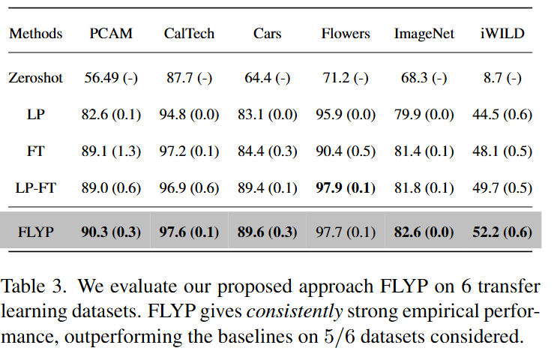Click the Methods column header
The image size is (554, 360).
tap(35, 34)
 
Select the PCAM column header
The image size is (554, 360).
tap(110, 34)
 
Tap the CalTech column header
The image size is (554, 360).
tap(189, 34)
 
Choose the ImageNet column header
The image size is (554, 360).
tap(424, 34)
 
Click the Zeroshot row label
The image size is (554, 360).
tap(35, 77)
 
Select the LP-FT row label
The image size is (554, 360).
tap(35, 187)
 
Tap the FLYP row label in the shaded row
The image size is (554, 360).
tap(35, 231)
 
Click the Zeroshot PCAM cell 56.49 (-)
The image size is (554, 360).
tap(110, 77)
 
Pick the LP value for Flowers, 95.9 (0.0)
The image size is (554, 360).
tap(346, 114)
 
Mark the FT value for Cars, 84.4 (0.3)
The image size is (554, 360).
tap(268, 151)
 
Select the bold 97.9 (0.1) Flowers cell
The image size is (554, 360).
tap(346, 187)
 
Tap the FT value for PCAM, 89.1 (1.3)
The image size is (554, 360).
tap(110, 151)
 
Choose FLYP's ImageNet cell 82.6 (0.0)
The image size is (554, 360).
tap(424, 231)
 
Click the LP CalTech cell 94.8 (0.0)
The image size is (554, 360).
tap(189, 114)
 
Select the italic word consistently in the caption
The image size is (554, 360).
tap(310, 311)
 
